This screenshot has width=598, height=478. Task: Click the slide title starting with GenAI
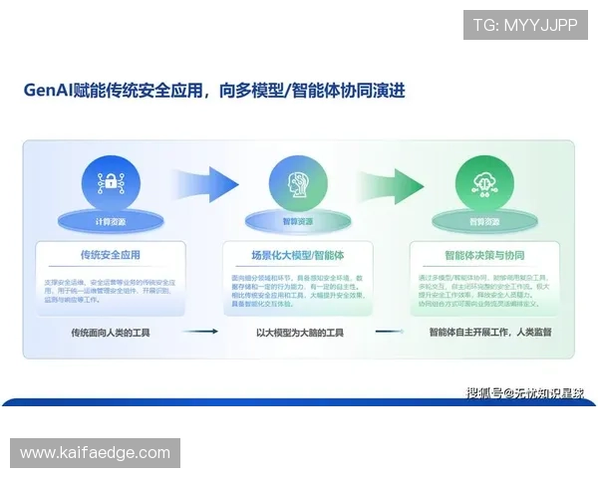tap(214, 91)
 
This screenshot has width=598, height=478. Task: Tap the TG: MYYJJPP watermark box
tap(525, 25)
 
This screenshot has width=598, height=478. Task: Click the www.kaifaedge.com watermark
tap(96, 453)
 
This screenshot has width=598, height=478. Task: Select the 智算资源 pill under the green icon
tap(484, 221)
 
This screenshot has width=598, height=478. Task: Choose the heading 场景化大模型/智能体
tap(298, 254)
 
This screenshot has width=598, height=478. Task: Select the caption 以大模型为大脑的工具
tap(299, 333)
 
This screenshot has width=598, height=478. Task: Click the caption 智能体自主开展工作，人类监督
tap(489, 333)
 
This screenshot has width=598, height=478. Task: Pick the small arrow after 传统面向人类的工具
tap(202, 333)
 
